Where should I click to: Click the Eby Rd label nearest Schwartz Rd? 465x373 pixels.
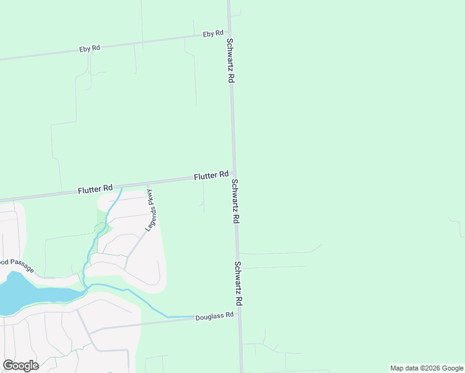[x=213, y=34]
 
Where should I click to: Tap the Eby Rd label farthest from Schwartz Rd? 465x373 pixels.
[x=90, y=48]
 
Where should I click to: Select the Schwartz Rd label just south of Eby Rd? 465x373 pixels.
[x=230, y=61]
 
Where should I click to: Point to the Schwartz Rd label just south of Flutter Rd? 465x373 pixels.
[x=236, y=201]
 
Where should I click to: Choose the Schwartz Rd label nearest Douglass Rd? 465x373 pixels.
[x=239, y=282]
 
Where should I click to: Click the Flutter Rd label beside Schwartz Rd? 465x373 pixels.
[x=211, y=176]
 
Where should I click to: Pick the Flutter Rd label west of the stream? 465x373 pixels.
[x=95, y=188]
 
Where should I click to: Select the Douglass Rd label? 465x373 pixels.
[x=214, y=315]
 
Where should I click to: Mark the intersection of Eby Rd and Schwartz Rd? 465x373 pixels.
[x=229, y=34]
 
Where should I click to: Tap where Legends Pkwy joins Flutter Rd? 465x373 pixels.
[x=147, y=185]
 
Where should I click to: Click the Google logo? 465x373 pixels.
[x=21, y=366]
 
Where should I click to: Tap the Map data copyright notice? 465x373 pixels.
[x=426, y=368]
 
